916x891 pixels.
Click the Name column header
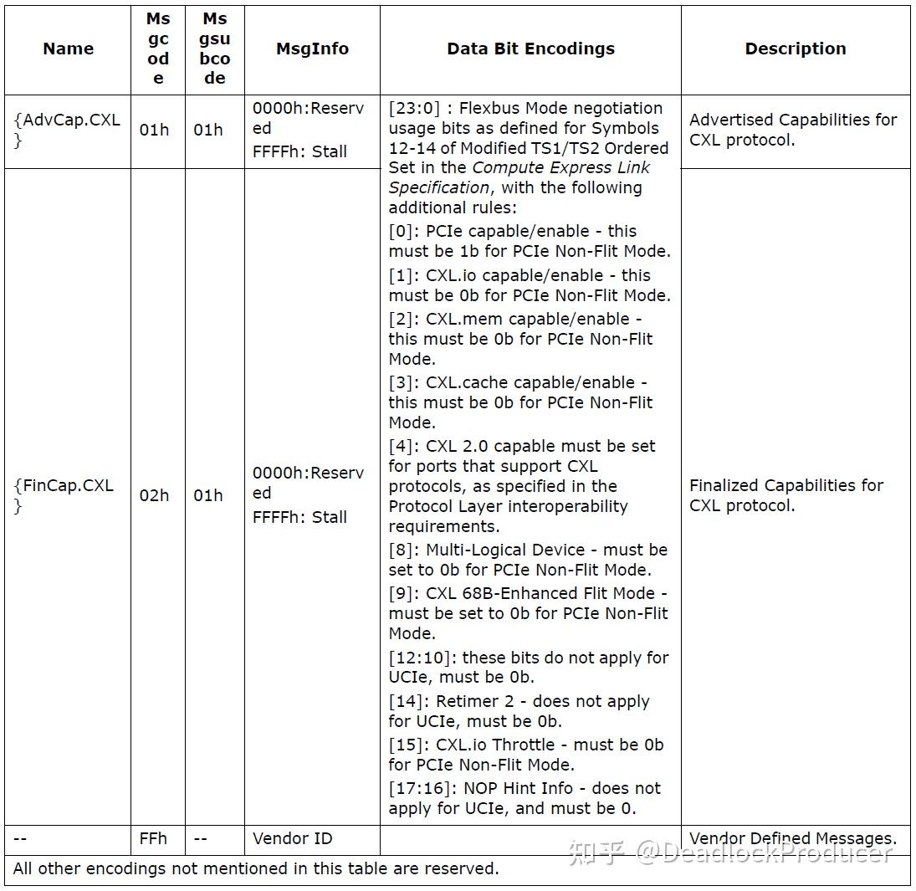pyautogui.click(x=68, y=49)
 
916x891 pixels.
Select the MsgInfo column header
pyautogui.click(x=312, y=49)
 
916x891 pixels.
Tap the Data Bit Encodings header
pyautogui.click(x=530, y=49)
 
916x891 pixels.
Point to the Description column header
pyautogui.click(x=795, y=49)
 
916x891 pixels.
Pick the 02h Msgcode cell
pyautogui.click(x=154, y=495)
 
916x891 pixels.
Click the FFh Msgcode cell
pyautogui.click(x=154, y=838)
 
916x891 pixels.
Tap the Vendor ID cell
pyautogui.click(x=292, y=838)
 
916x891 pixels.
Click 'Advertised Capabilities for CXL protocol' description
pyautogui.click(x=792, y=130)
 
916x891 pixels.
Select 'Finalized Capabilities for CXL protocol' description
pyautogui.click(x=786, y=495)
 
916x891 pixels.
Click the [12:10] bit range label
pyautogui.click(x=422, y=658)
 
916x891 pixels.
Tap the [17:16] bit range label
pyautogui.click(x=422, y=788)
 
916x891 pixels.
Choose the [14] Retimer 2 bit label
pyautogui.click(x=407, y=701)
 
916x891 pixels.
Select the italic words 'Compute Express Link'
pyautogui.click(x=560, y=167)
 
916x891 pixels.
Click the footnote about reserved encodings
pyautogui.click(x=256, y=868)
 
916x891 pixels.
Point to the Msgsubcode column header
pyautogui.click(x=214, y=49)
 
